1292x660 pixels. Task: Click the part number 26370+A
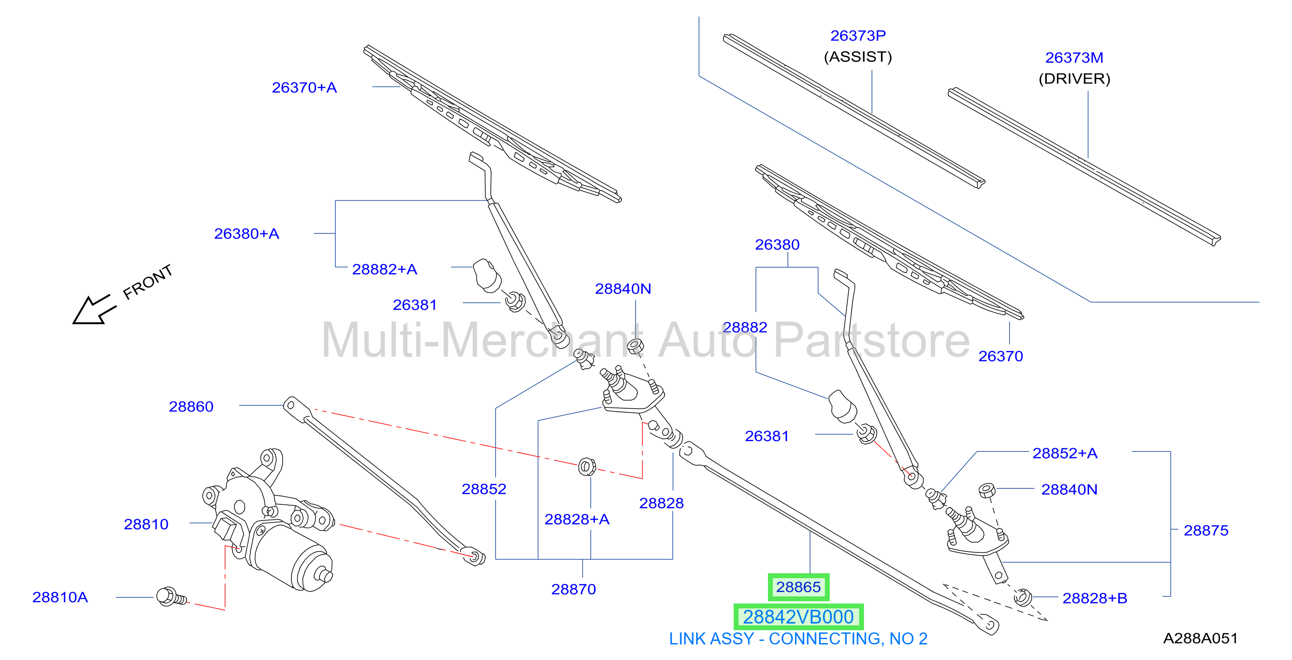(x=304, y=87)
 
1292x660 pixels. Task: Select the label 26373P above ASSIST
(x=858, y=36)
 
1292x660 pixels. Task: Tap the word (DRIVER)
(x=1074, y=79)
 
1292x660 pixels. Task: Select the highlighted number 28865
(x=798, y=587)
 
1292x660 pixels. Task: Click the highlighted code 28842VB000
(x=798, y=617)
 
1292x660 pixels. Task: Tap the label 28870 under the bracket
(x=573, y=589)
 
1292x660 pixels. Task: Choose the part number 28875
(x=1206, y=530)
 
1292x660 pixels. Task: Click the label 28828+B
(x=1094, y=598)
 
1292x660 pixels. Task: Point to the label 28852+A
(x=1065, y=453)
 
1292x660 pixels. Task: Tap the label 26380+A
(x=246, y=233)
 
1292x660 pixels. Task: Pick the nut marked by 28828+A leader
(x=586, y=467)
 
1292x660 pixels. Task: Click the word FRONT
(x=147, y=282)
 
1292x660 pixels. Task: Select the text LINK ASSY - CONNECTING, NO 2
(x=798, y=639)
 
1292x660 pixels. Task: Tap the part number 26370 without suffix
(x=1000, y=356)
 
